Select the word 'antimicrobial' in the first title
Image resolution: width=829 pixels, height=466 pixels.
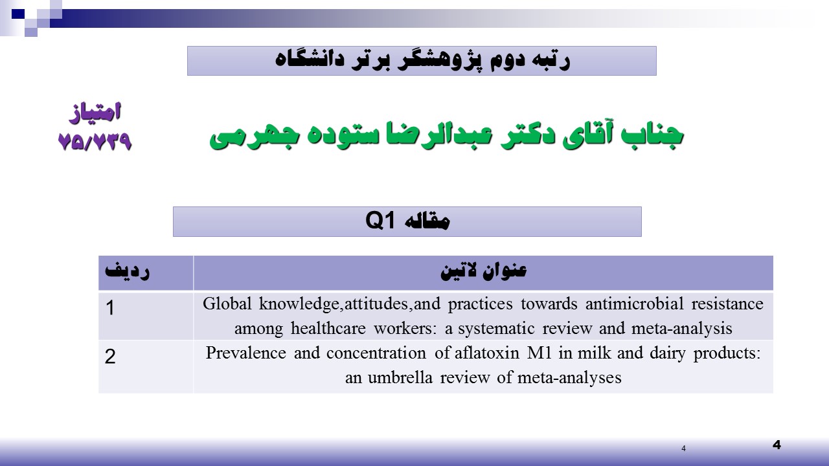click(x=634, y=304)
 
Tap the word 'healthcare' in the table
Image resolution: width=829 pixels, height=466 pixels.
click(x=328, y=328)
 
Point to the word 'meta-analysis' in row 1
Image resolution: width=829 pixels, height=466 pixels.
click(x=682, y=328)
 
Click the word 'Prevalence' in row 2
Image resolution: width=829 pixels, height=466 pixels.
click(x=245, y=353)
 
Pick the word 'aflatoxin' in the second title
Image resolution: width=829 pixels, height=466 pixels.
click(x=486, y=353)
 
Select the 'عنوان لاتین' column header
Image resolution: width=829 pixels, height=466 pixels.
click(x=483, y=271)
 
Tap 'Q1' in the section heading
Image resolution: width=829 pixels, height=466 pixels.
click(x=380, y=221)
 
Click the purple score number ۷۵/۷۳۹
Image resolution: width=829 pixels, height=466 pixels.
click(x=95, y=141)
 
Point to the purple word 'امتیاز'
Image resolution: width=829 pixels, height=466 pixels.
click(x=95, y=113)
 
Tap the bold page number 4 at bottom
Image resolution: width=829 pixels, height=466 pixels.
click(x=777, y=445)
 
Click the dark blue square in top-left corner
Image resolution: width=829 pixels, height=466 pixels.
click(x=18, y=14)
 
